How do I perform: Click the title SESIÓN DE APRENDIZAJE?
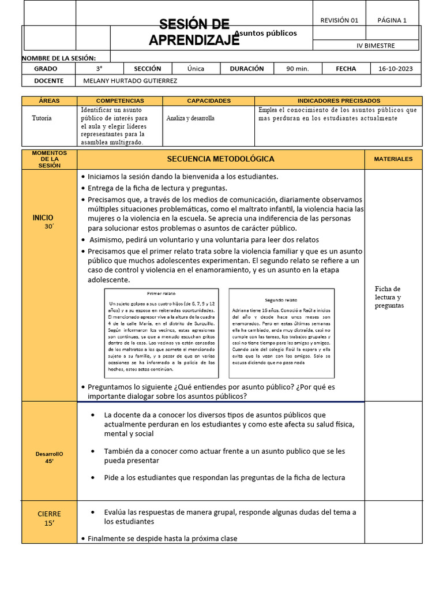tap(194, 32)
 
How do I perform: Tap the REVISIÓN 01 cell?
tap(339, 20)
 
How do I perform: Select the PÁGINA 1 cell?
tap(392, 20)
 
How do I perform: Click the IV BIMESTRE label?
tap(376, 46)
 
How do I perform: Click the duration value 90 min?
tap(298, 69)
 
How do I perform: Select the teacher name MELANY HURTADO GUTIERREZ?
tap(130, 81)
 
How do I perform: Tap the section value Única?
tap(196, 69)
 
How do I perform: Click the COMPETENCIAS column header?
tap(120, 100)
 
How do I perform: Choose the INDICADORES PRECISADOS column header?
tap(338, 100)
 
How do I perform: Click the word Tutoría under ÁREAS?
tap(42, 118)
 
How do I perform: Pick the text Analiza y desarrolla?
tap(190, 118)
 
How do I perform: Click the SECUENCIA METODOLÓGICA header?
tap(220, 159)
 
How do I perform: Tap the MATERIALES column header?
tap(393, 159)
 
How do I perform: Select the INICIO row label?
tap(43, 218)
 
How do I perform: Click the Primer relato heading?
tap(161, 294)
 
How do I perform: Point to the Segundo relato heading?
tap(281, 300)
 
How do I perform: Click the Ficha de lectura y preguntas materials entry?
tap(389, 297)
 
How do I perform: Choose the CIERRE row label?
tap(49, 514)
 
